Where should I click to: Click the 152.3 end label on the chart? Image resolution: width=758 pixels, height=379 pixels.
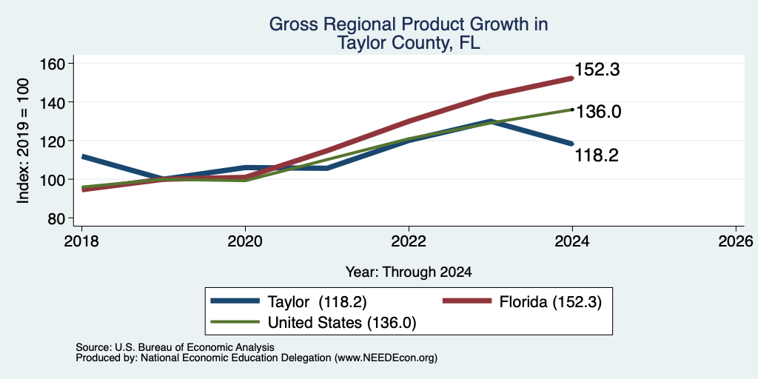[x=597, y=70]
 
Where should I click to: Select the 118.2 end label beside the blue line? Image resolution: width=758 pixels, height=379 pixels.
[x=597, y=155]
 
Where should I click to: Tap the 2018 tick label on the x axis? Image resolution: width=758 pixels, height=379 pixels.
[x=81, y=241]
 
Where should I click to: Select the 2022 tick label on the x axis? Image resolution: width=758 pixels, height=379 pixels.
[x=409, y=241]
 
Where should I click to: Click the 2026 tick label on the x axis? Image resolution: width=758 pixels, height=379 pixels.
[x=736, y=241]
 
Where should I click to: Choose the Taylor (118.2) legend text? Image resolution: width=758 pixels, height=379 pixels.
[x=317, y=302]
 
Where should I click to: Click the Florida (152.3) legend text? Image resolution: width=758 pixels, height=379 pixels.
[x=550, y=302]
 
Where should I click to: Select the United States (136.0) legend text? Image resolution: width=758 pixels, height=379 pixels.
[x=342, y=323]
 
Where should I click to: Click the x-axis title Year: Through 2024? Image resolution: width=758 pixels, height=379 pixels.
[x=409, y=272]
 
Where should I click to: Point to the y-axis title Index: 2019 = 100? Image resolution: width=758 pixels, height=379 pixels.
[x=23, y=141]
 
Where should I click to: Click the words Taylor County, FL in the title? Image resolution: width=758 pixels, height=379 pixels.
[x=409, y=43]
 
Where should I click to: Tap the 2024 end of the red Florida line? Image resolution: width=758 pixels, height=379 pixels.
[x=572, y=78]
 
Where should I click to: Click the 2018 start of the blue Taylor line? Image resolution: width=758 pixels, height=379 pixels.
[x=83, y=157]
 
